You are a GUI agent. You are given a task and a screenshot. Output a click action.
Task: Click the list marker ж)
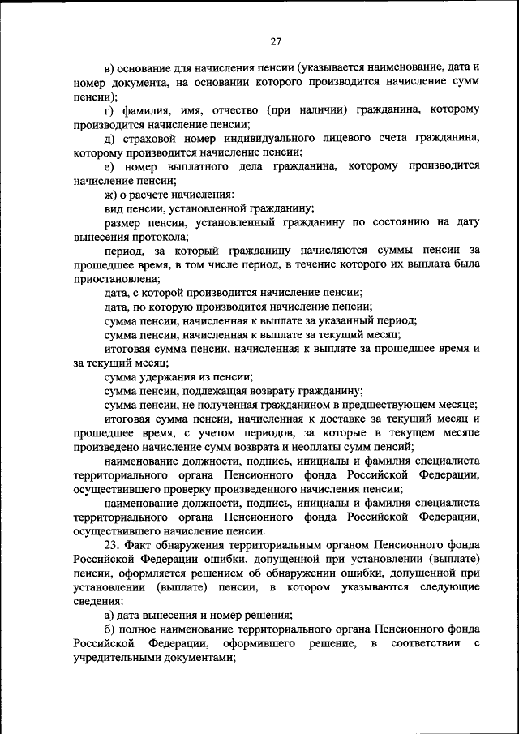[111, 195]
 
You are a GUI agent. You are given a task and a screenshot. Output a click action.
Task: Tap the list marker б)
[110, 629]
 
